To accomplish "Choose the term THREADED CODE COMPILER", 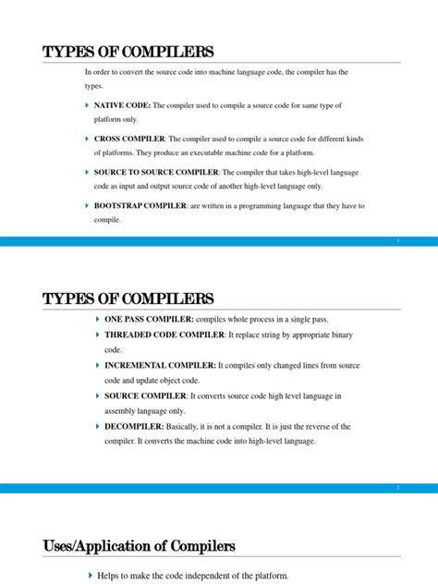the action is (x=164, y=335).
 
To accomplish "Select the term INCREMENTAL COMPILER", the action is (x=160, y=366).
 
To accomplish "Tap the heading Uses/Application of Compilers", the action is (x=139, y=546).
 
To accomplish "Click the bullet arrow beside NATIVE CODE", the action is (x=87, y=106).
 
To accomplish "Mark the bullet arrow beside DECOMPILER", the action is (x=98, y=427).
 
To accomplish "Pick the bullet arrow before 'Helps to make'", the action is (x=91, y=576).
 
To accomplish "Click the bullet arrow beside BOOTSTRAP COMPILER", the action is (x=87, y=206).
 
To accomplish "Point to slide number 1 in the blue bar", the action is (x=397, y=241).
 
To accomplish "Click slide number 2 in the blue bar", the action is (x=397, y=487).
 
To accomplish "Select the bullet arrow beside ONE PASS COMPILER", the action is (x=98, y=319).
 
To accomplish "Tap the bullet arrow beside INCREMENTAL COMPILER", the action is (x=98, y=366).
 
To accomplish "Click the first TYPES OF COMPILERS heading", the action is (x=128, y=52).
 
